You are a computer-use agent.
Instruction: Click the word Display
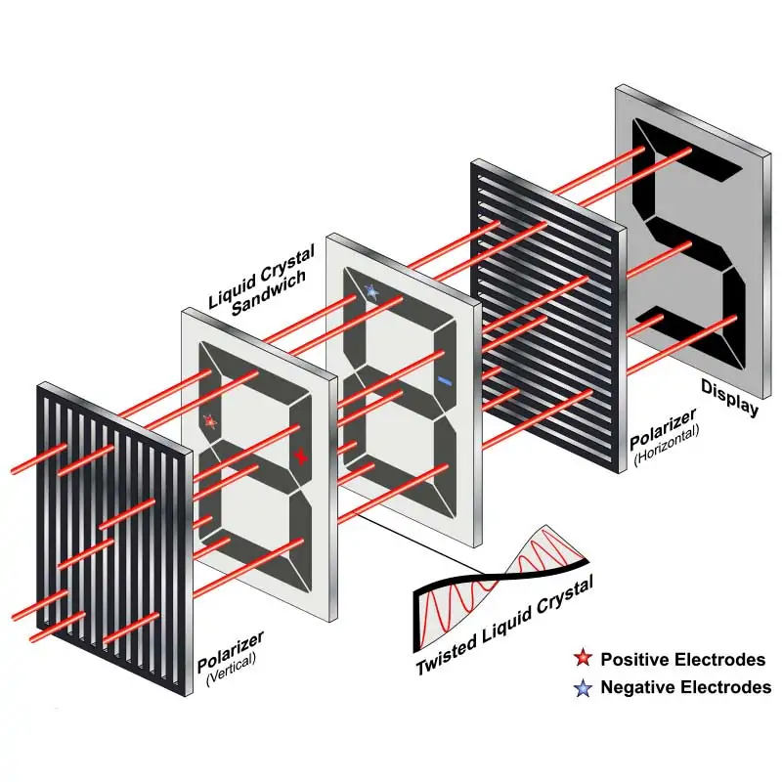click(729, 398)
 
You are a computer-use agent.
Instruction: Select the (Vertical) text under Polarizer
click(231, 670)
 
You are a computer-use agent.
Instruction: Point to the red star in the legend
click(583, 658)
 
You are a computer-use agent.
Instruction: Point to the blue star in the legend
click(583, 688)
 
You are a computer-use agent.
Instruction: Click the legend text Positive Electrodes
click(682, 659)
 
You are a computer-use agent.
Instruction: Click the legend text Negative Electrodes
click(686, 687)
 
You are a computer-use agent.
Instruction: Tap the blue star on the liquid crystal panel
click(371, 290)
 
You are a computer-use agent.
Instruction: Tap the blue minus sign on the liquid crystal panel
click(445, 381)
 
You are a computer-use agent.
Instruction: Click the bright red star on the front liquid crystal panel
click(301, 456)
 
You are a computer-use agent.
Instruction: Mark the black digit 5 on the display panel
click(688, 244)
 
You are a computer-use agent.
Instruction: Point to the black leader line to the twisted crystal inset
click(418, 543)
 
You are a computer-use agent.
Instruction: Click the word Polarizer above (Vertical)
click(231, 652)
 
